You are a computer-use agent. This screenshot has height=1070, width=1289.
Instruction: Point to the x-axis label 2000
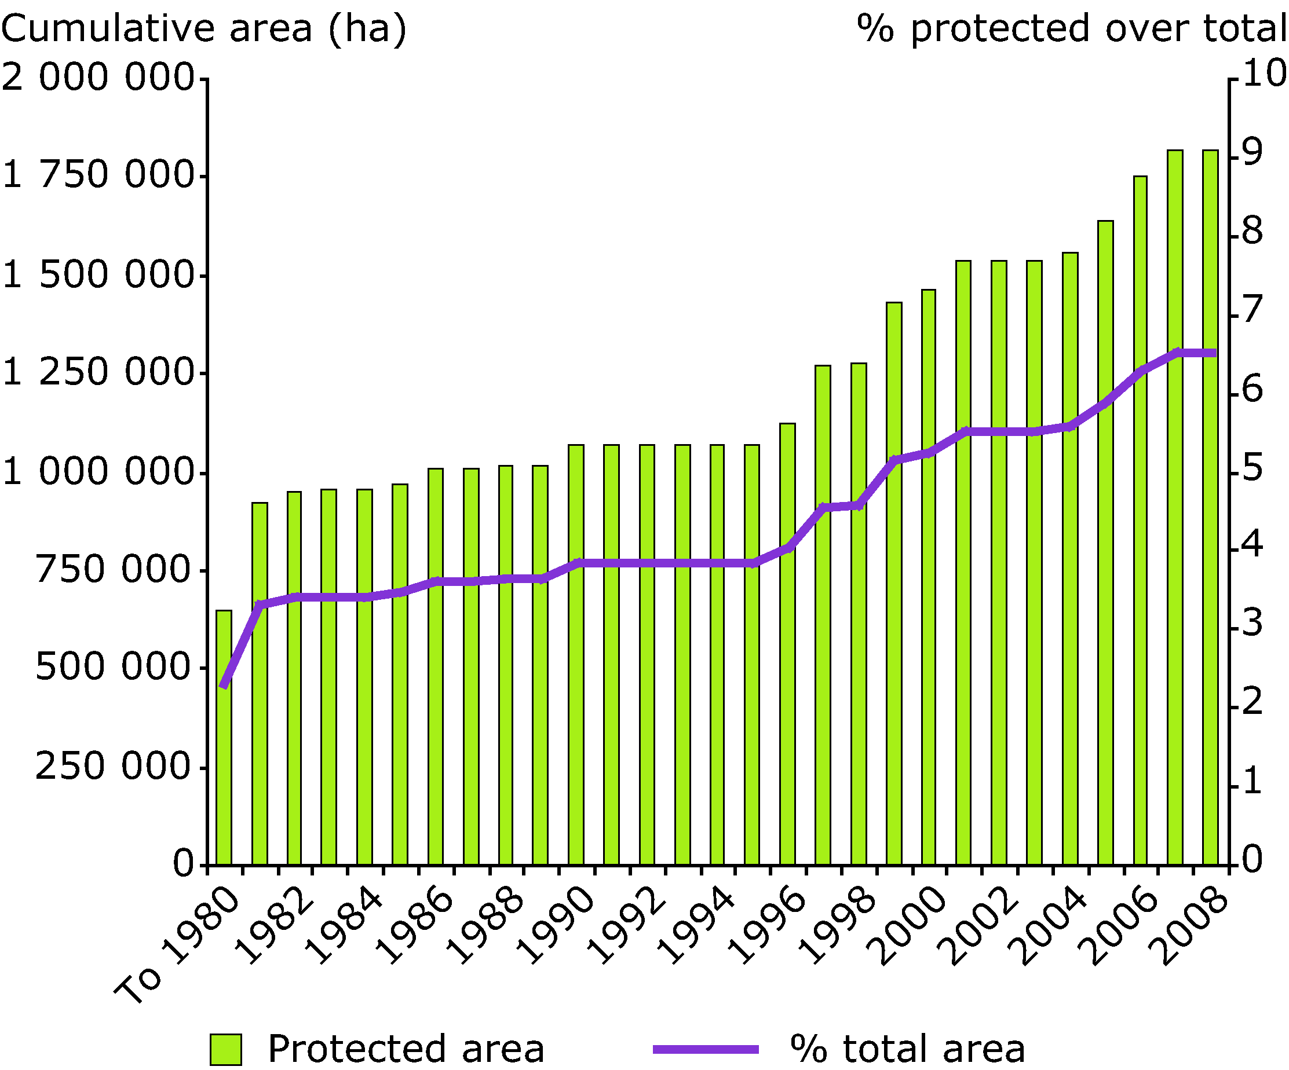click(x=910, y=926)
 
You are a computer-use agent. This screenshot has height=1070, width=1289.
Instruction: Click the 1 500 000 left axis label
click(x=98, y=275)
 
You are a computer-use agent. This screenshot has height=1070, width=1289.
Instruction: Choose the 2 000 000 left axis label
click(x=98, y=78)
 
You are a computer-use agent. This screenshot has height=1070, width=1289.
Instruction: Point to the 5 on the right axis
click(x=1252, y=468)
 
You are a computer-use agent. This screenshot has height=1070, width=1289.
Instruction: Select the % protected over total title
click(x=1071, y=28)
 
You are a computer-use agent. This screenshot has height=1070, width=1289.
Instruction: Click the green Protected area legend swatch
click(x=225, y=1049)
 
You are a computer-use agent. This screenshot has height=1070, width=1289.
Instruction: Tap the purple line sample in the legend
click(x=706, y=1049)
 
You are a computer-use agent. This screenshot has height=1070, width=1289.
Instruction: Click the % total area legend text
click(x=908, y=1049)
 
